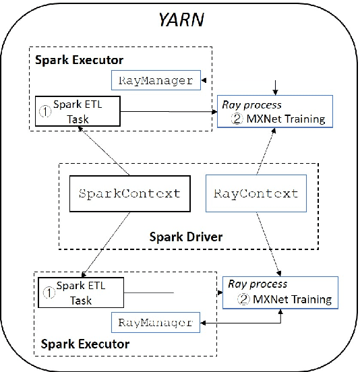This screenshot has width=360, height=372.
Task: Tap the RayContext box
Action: pyautogui.click(x=256, y=193)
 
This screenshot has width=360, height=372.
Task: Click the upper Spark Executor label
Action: pyautogui.click(x=81, y=59)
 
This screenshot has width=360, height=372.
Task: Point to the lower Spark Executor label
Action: pyautogui.click(x=85, y=344)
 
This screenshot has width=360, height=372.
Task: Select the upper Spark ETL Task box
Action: pyautogui.click(x=78, y=111)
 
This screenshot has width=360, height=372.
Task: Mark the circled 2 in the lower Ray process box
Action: pyautogui.click(x=239, y=299)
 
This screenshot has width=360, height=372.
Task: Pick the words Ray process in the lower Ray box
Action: pyautogui.click(x=258, y=284)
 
